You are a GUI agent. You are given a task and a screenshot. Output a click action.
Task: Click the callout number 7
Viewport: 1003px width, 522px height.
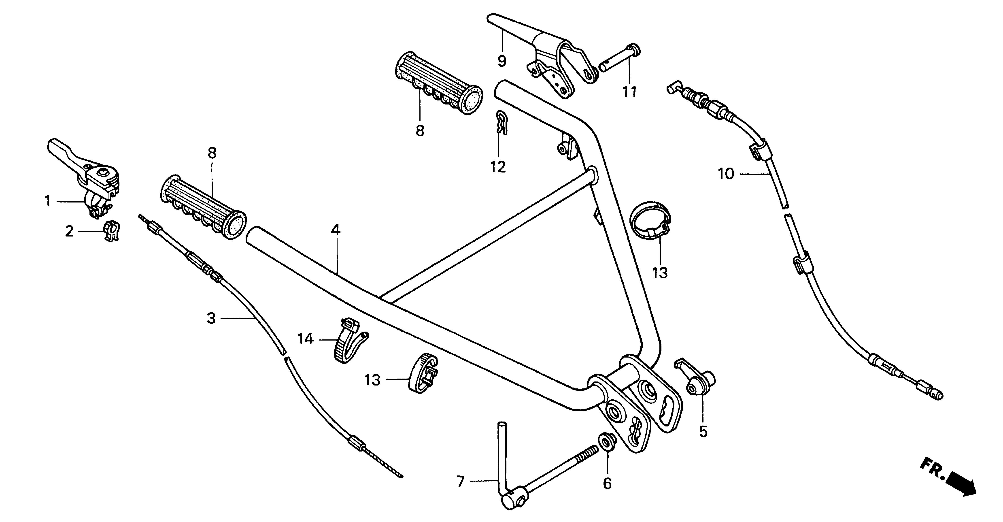461,482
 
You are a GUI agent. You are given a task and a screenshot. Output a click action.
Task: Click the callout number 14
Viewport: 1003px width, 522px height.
305,339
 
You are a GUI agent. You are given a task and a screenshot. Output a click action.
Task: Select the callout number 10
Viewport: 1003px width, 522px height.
726,174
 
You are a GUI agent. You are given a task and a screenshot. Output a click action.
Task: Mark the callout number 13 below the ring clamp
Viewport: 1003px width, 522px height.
660,273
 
